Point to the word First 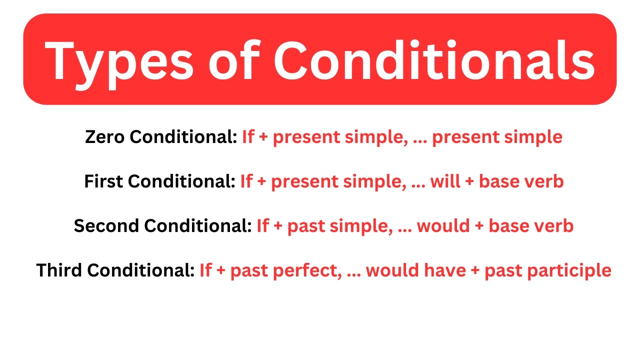tap(103, 181)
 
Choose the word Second tap(107, 226)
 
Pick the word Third tap(59, 270)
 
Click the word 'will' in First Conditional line tap(443, 181)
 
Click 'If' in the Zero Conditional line tap(248, 137)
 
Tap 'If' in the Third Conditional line tap(205, 270)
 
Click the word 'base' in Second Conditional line tap(510, 226)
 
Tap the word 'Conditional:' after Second tap(198, 226)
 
